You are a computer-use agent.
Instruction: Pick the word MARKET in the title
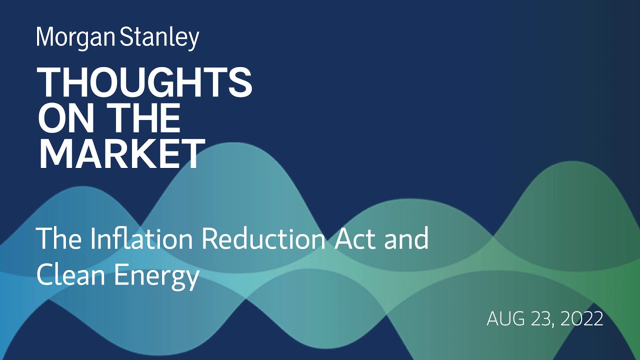tap(122, 153)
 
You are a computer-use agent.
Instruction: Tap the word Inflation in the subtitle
tap(136, 239)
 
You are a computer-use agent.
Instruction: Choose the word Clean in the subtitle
tap(70, 275)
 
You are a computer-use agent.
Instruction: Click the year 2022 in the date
tap(583, 319)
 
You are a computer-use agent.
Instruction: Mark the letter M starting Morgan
tap(45, 38)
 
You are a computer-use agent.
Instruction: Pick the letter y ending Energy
tap(192, 278)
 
